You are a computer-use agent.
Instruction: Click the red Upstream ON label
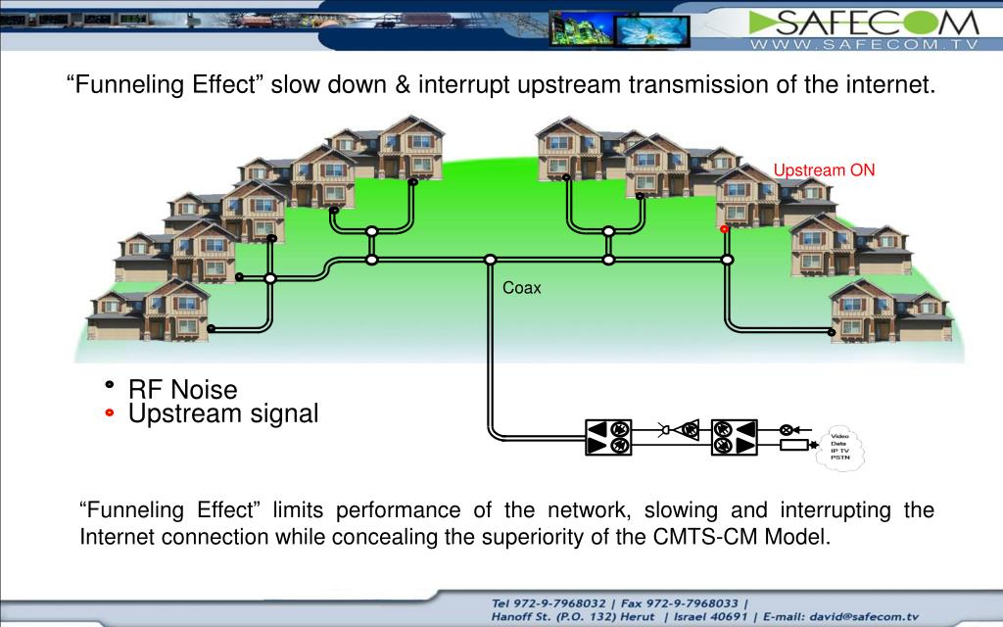point(824,170)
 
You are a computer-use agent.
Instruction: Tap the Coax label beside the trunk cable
point(521,288)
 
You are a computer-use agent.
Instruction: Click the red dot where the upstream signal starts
point(725,228)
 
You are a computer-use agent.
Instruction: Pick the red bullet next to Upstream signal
point(110,413)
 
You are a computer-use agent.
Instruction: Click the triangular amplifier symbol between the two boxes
point(689,429)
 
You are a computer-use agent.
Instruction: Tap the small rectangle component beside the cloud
point(793,446)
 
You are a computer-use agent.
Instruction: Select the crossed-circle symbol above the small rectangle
point(786,429)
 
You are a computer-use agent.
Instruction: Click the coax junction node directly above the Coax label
point(490,260)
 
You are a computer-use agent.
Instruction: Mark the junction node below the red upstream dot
point(727,260)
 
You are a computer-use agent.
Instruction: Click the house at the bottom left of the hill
point(147,312)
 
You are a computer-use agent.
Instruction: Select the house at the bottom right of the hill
point(886,312)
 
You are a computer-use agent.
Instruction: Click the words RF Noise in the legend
point(183,390)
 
